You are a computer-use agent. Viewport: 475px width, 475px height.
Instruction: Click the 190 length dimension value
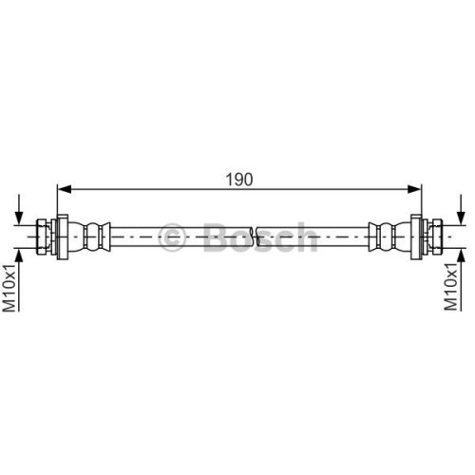tap(239, 180)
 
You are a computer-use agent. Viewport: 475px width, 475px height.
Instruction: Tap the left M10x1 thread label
tap(9, 288)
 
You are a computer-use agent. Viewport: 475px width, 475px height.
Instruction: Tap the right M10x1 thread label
tap(451, 287)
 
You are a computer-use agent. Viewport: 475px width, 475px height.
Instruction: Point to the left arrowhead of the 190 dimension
tap(65, 189)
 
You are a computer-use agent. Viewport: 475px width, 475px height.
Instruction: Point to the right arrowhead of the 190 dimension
tap(414, 189)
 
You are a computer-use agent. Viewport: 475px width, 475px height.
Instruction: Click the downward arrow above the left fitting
tap(20, 210)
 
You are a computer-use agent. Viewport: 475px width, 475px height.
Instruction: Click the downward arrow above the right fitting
tap(462, 210)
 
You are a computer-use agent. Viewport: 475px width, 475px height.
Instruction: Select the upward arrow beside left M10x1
tap(20, 280)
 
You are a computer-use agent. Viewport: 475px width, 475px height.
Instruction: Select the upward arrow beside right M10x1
tap(462, 280)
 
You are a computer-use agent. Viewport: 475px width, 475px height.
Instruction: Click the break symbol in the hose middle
tap(255, 237)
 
